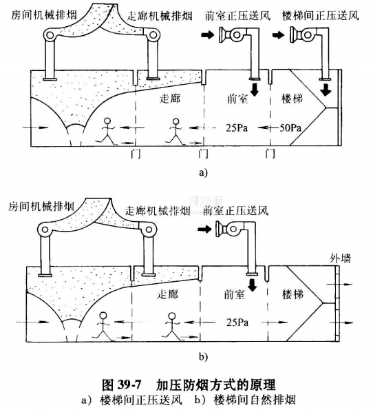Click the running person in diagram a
(x=108, y=130)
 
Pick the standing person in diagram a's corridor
(x=176, y=130)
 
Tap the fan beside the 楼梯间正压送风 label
(x=302, y=35)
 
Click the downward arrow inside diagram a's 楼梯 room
(x=326, y=90)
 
